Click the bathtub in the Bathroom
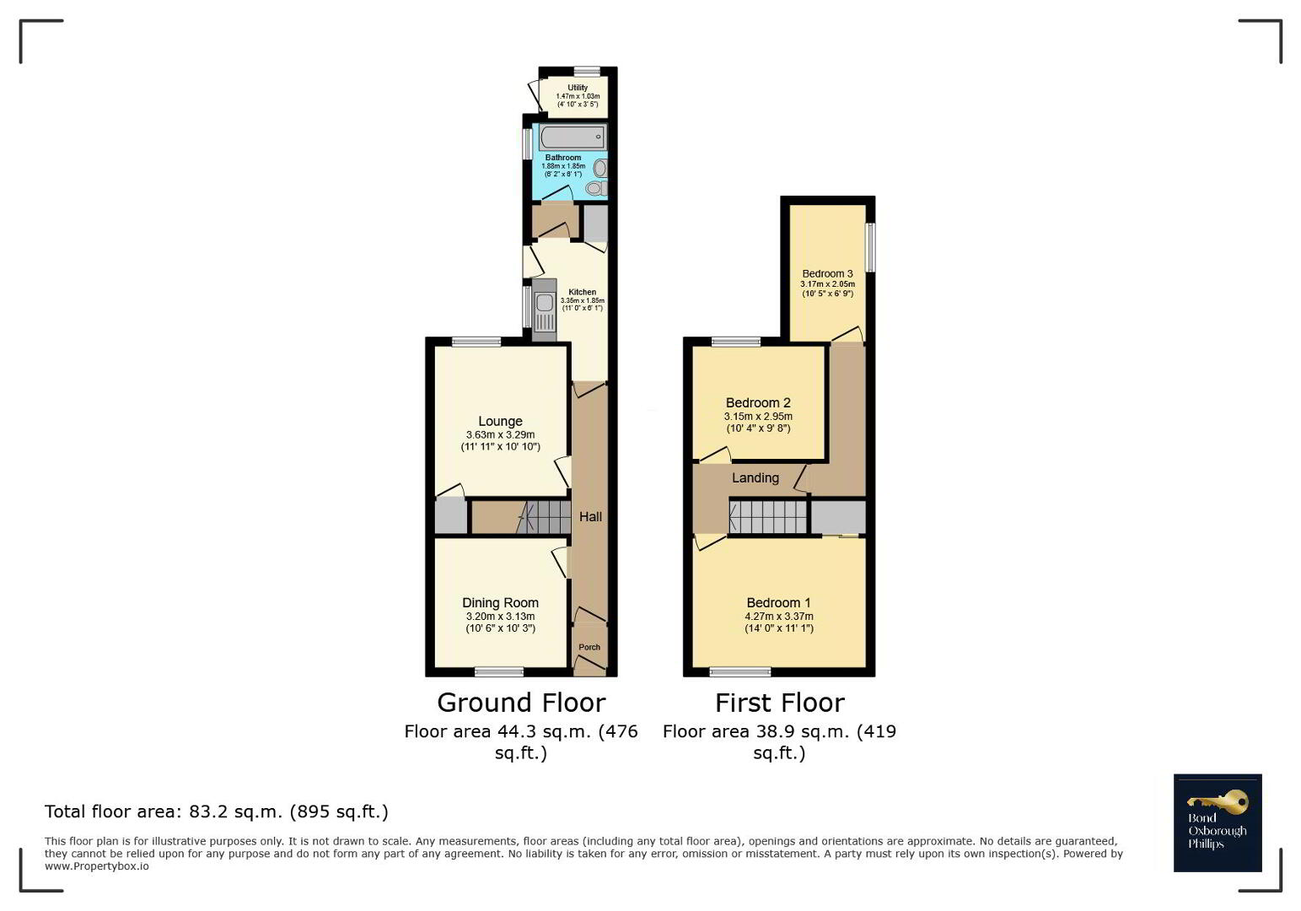tap(573, 137)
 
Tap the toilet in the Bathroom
tap(596, 187)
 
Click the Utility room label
tap(578, 88)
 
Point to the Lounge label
tap(500, 421)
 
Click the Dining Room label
tap(500, 603)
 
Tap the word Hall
tap(590, 516)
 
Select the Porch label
tap(589, 647)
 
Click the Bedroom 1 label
tap(779, 603)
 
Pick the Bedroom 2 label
tap(758, 402)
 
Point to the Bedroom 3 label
tap(828, 273)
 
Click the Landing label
tap(755, 478)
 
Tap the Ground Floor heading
tap(521, 703)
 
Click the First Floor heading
tap(779, 703)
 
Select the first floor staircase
tap(768, 517)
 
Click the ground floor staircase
tap(544, 517)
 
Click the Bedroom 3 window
tap(870, 247)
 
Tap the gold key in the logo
tap(1218, 802)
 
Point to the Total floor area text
tap(216, 811)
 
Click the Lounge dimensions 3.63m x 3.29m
tap(500, 435)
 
